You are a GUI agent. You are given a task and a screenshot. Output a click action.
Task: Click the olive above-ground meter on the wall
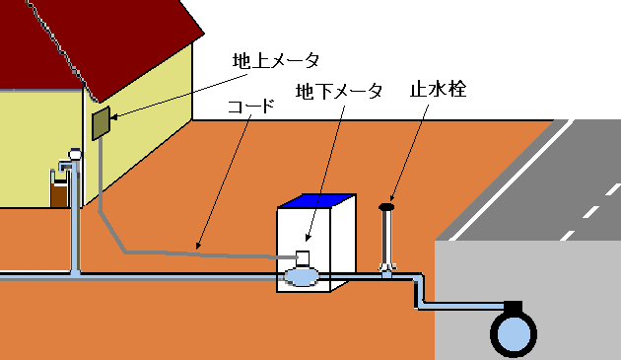coord(100,124)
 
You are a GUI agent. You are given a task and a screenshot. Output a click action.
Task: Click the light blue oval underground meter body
coord(300,278)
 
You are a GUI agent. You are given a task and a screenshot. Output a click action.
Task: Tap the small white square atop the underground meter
coord(303,258)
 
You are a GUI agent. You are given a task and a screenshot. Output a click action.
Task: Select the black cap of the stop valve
coord(386,206)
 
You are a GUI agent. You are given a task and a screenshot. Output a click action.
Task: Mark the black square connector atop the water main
coord(513,307)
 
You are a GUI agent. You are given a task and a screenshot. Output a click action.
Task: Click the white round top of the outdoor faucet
coord(74,153)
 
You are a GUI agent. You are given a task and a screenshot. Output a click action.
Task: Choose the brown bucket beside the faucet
coord(59,189)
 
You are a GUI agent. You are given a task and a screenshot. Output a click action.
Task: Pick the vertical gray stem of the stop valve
coord(386,237)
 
